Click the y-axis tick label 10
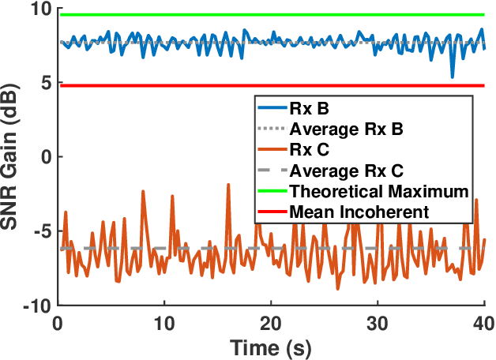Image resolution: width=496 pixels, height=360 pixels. [x=36, y=10]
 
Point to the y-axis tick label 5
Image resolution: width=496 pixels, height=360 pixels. [x=42, y=83]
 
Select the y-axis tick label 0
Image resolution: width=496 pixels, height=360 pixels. [x=42, y=156]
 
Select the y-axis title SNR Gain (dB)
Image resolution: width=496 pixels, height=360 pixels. [x=13, y=156]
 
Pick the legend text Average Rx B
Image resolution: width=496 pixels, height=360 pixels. [x=346, y=129]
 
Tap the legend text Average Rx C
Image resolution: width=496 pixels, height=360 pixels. [x=346, y=171]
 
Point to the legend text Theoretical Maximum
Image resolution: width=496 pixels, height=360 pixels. [x=380, y=191]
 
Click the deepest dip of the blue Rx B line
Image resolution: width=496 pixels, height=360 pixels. [x=452, y=77]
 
